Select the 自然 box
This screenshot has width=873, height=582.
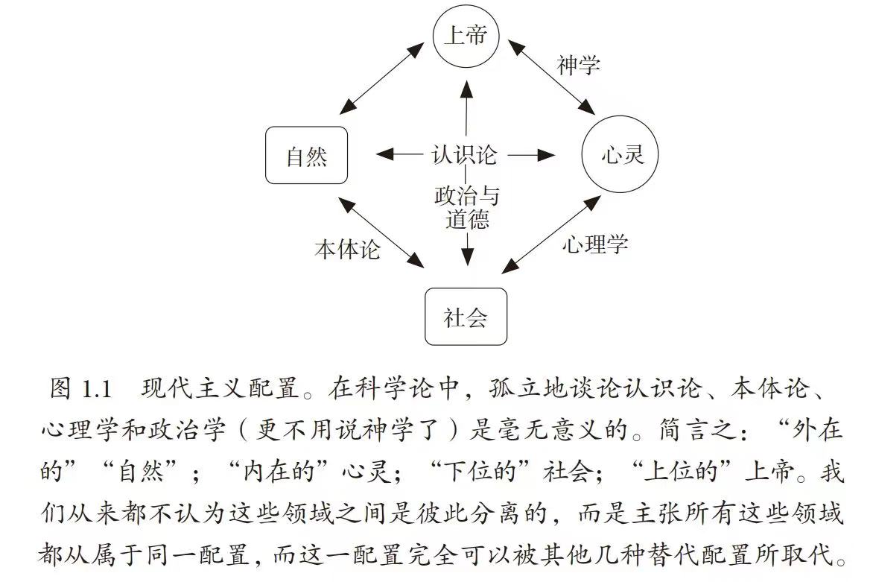click(307, 156)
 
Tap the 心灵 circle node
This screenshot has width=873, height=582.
click(622, 156)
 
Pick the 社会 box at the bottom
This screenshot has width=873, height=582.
click(466, 317)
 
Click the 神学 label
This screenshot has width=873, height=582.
click(578, 66)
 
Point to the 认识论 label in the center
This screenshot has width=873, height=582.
click(465, 155)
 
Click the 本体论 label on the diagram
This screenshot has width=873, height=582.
click(347, 249)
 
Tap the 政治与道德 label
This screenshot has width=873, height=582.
click(467, 207)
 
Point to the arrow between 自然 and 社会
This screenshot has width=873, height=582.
click(378, 232)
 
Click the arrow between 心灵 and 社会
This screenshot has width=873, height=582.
click(554, 233)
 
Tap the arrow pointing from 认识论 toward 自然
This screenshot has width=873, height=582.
click(399, 155)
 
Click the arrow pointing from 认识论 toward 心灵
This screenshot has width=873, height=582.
click(531, 155)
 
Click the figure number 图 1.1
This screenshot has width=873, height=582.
click(80, 389)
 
